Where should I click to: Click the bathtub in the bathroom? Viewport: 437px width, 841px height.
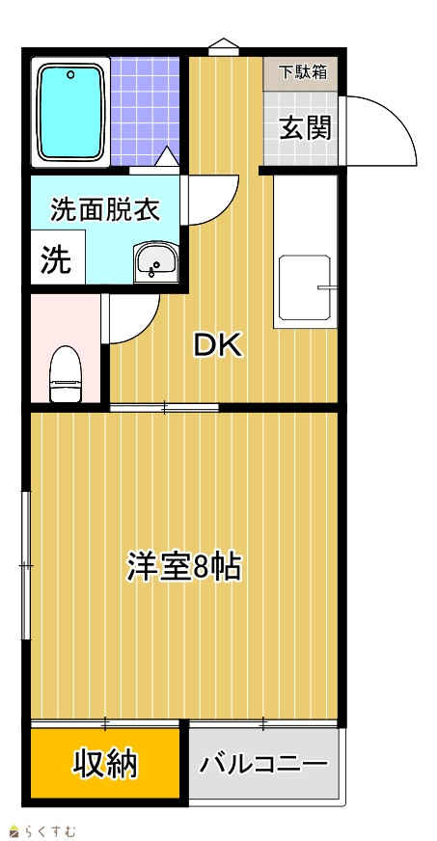pyautogui.click(x=70, y=113)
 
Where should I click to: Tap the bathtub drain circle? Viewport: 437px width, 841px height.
pyautogui.click(x=70, y=74)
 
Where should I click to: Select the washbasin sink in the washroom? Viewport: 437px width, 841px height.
pyautogui.click(x=156, y=261)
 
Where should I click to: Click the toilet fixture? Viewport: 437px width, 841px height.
pyautogui.click(x=66, y=373)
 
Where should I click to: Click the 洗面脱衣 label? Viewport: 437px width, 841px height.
pyautogui.click(x=105, y=209)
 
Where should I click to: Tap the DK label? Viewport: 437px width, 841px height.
pyautogui.click(x=218, y=346)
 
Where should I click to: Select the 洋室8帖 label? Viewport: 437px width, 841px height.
pyautogui.click(x=183, y=567)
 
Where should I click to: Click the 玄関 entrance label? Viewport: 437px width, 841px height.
pyautogui.click(x=305, y=128)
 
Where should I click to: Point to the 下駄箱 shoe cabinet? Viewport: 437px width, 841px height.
pyautogui.click(x=301, y=72)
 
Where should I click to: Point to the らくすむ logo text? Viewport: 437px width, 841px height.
pyautogui.click(x=51, y=831)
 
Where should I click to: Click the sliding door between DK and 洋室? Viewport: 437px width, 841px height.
pyautogui.click(x=164, y=408)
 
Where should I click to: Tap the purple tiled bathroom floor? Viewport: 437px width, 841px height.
pyautogui.click(x=145, y=112)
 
